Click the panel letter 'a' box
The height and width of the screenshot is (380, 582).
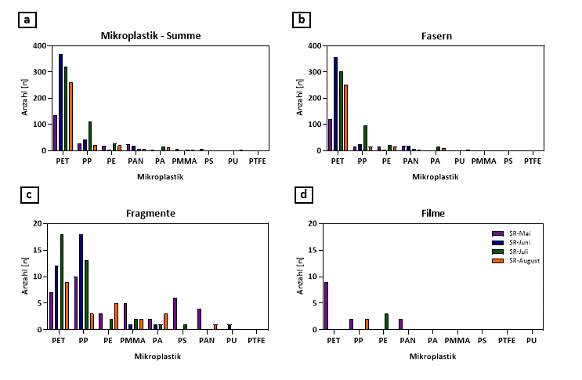click(27, 20)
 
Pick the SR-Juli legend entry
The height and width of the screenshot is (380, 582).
click(512, 252)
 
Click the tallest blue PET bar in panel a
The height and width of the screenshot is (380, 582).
click(60, 102)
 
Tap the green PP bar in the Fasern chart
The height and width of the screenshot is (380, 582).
click(365, 137)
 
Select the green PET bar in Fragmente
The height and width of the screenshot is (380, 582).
click(61, 282)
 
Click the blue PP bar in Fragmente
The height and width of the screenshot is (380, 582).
click(81, 282)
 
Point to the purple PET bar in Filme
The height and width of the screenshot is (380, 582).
click(326, 306)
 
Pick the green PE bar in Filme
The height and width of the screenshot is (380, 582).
click(386, 321)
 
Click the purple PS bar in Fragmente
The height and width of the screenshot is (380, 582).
click(175, 313)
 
